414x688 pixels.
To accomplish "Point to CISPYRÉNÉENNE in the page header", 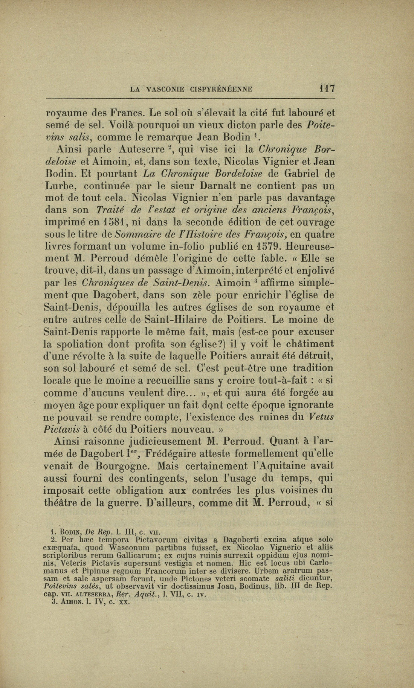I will pos(222,90).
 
